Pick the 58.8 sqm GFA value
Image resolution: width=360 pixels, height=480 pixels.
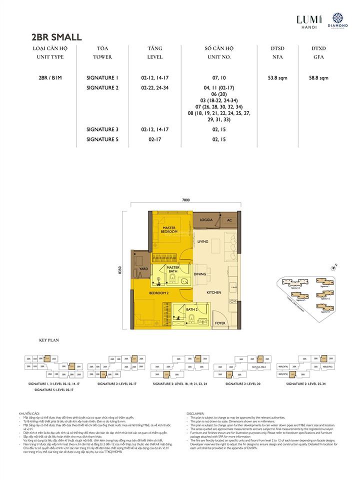[318, 78]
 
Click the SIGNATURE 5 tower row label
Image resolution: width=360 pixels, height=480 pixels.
[102, 139]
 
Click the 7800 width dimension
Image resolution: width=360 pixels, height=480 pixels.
[186, 200]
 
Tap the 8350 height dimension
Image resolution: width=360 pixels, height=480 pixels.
[120, 270]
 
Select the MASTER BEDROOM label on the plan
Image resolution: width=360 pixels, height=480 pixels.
[169, 229]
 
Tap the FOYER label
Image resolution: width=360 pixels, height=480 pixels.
[220, 322]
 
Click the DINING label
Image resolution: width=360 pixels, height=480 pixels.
[200, 274]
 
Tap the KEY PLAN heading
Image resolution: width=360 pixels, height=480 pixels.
[49, 340]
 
